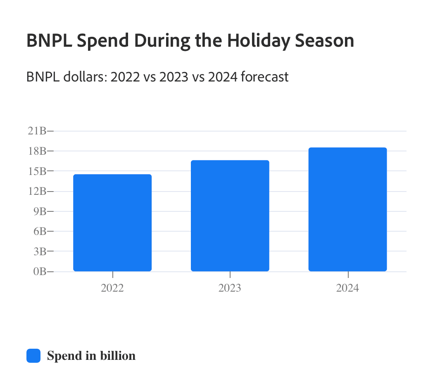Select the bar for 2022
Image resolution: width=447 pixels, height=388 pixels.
pyautogui.click(x=112, y=223)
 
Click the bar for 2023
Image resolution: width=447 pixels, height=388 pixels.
pyautogui.click(x=230, y=216)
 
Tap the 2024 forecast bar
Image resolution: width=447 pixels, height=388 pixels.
pyautogui.click(x=347, y=209)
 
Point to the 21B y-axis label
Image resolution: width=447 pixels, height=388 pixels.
pyautogui.click(x=37, y=131)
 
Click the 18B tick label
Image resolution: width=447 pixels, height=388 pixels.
pyautogui.click(x=37, y=151)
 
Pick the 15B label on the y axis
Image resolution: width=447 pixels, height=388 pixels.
pyautogui.click(x=37, y=171)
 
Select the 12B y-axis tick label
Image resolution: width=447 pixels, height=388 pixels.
pyautogui.click(x=37, y=191)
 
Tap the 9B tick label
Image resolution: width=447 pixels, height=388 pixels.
pyautogui.click(x=39, y=211)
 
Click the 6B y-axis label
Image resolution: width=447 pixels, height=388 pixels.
pyautogui.click(x=39, y=231)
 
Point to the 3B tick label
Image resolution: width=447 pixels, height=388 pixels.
pyautogui.click(x=39, y=251)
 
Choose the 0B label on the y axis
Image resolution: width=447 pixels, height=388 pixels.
pyautogui.click(x=39, y=272)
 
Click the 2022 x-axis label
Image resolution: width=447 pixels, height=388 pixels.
pyautogui.click(x=112, y=288)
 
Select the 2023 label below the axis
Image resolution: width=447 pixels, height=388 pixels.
pyautogui.click(x=230, y=288)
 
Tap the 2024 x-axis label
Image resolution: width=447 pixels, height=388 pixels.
pyautogui.click(x=347, y=288)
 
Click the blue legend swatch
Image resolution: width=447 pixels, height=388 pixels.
pyautogui.click(x=33, y=356)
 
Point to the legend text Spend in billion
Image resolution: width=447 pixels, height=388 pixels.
pyautogui.click(x=91, y=356)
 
